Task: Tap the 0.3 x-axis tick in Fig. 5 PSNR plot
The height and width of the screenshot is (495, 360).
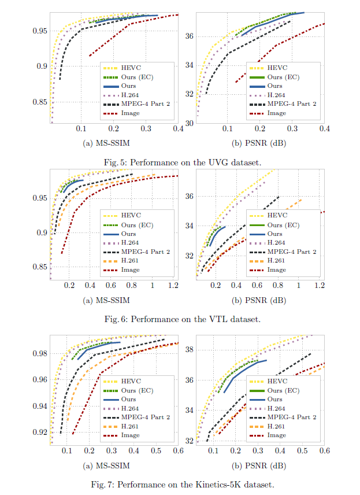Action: tap(293, 129)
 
